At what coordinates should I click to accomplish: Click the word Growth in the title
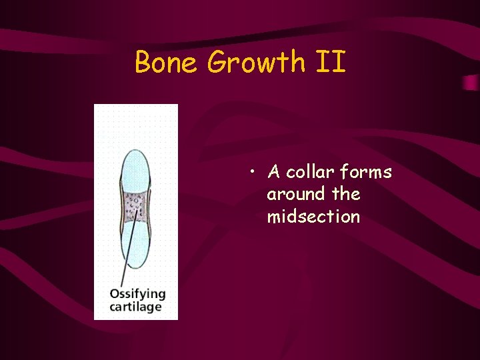tap(255, 63)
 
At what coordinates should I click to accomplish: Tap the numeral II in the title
tap(331, 63)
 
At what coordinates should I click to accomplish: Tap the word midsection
tap(313, 217)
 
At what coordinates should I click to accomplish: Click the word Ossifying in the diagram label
tap(137, 294)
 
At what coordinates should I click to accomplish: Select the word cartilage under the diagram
tap(135, 307)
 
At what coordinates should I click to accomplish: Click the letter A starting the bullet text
tap(273, 173)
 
